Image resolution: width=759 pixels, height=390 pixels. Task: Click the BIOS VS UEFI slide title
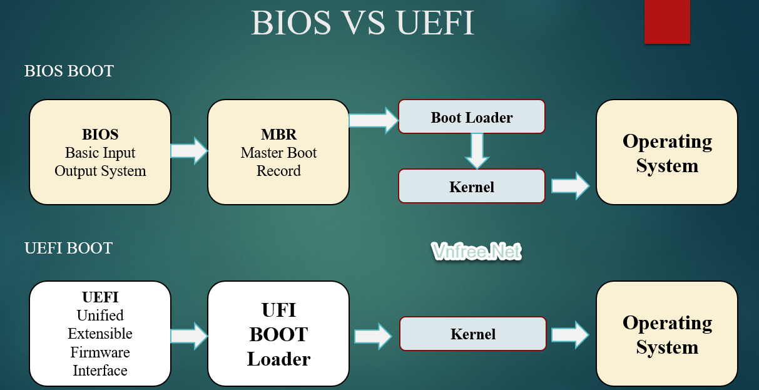coord(362,23)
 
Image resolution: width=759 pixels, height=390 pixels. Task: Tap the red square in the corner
coord(667,22)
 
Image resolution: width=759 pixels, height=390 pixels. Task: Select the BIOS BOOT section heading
coord(69,71)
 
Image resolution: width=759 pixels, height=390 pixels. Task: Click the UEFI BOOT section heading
coord(68,248)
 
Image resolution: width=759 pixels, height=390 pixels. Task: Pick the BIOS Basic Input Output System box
coord(100,152)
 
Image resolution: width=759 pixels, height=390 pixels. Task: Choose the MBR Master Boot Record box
coord(278,152)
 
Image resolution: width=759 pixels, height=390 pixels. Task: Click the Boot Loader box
coord(472,117)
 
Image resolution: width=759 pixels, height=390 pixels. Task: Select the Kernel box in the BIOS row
coord(472,187)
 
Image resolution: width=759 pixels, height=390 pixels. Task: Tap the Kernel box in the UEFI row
coord(472,334)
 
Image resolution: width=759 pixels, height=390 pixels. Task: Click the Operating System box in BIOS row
coord(666,152)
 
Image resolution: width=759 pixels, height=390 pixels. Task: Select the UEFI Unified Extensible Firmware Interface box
coord(100,334)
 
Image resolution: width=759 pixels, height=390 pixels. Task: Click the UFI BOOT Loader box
coord(278,334)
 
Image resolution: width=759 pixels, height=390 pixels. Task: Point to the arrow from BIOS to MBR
coord(189,150)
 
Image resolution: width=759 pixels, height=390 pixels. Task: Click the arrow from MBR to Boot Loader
coord(374,119)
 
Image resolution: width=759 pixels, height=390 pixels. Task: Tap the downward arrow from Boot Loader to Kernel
coord(476,150)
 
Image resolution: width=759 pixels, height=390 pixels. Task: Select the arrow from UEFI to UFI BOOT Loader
coord(189,336)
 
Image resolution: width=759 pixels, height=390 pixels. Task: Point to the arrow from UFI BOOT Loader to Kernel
coord(373,336)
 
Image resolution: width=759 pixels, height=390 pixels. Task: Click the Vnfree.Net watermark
coord(476,252)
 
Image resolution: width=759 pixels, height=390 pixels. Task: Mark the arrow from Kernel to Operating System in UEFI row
coord(570,334)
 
